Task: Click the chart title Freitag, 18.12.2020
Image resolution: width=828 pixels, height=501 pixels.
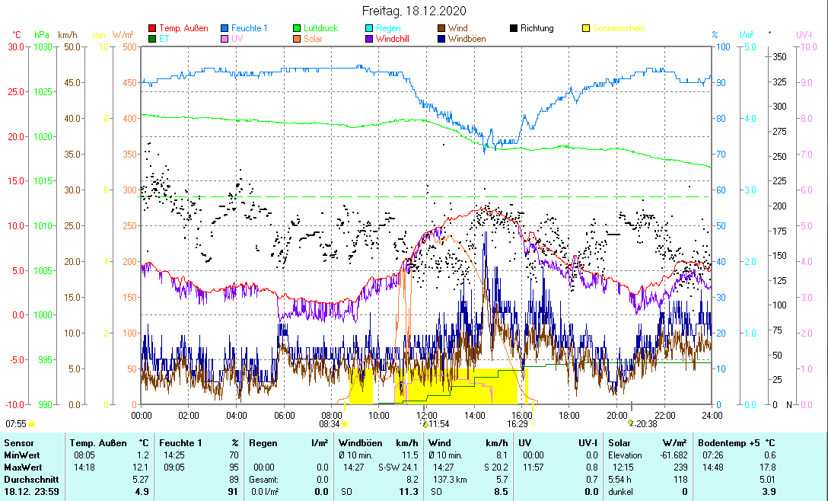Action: [413, 11]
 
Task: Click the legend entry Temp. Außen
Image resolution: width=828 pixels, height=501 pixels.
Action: [183, 28]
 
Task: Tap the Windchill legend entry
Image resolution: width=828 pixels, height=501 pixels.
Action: [396, 39]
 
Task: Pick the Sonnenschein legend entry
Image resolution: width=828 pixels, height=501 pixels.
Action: [618, 28]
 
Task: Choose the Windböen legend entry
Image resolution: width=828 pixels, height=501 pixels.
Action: [468, 39]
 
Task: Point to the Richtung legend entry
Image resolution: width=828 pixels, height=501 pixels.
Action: [537, 28]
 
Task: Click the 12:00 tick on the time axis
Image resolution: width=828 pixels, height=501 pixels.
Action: [427, 415]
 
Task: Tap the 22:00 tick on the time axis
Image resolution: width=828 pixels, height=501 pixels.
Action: [664, 415]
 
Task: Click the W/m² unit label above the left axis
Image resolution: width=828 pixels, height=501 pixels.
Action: [123, 35]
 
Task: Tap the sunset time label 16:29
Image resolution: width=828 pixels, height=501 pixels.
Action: [517, 423]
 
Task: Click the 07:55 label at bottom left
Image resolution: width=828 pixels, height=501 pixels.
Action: [15, 423]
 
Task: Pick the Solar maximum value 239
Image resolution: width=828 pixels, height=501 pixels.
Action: [680, 467]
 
